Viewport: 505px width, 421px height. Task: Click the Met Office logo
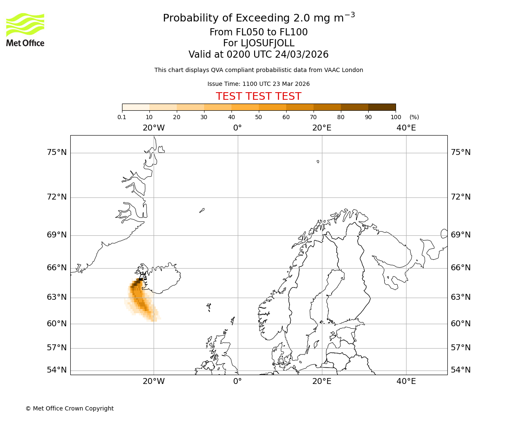coord(25,29)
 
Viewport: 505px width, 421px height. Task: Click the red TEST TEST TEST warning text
coord(258,96)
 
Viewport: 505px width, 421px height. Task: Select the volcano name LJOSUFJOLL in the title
coord(258,43)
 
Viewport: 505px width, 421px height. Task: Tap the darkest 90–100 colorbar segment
coord(382,107)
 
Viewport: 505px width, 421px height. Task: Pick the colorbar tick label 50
coord(258,117)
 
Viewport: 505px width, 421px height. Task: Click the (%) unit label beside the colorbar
coord(414,117)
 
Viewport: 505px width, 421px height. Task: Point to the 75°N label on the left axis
coord(57,152)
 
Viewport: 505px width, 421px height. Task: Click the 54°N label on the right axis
coord(461,370)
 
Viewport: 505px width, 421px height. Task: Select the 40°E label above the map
coord(406,128)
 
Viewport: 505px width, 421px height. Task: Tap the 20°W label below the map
coord(154,381)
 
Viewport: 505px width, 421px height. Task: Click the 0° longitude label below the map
coord(238,381)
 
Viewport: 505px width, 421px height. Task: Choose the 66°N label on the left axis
coord(57,268)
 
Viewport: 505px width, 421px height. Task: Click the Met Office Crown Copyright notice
coord(69,408)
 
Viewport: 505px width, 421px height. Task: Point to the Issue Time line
coord(258,84)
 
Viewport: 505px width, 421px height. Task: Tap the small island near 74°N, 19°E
coord(318,162)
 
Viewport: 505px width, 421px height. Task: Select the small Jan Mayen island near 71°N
coord(202,210)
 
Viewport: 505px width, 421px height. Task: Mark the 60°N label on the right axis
coord(461,324)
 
